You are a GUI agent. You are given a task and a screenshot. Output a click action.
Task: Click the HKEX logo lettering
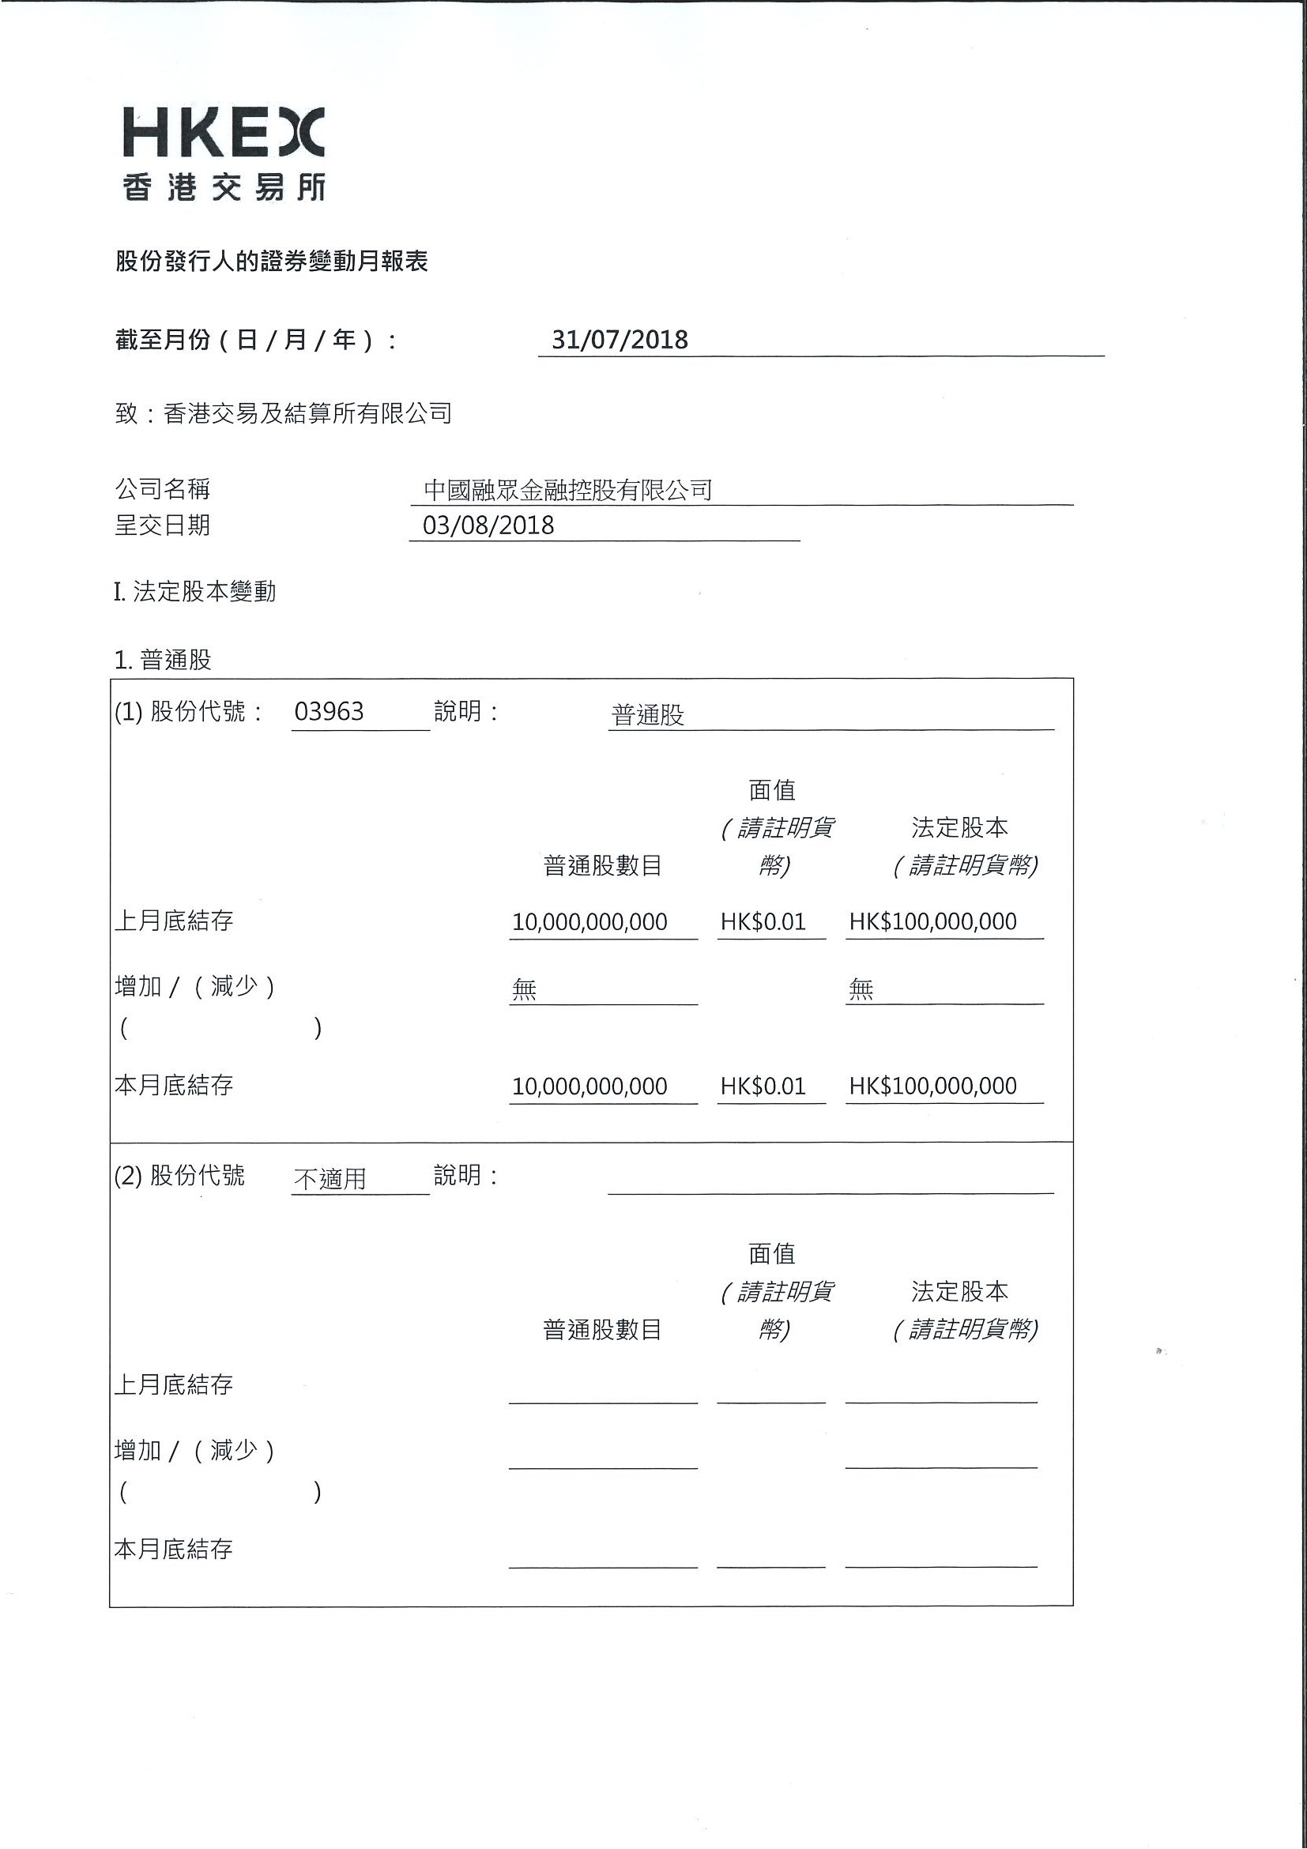point(223,132)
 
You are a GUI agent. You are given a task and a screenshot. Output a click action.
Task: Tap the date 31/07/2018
point(620,340)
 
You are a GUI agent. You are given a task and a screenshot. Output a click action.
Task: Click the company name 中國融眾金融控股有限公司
point(567,490)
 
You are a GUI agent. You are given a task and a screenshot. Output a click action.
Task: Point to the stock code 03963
point(329,712)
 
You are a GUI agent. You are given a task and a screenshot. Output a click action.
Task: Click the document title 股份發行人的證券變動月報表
point(271,261)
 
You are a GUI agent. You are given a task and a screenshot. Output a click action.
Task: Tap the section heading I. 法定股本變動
point(195,592)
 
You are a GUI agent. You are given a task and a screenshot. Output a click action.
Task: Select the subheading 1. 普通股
point(163,661)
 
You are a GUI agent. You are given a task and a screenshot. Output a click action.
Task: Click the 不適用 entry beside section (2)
point(330,1179)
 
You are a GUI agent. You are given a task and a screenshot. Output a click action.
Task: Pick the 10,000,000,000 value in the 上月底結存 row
point(589,922)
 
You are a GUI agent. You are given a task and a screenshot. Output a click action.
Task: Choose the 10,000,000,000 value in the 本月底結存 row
point(589,1086)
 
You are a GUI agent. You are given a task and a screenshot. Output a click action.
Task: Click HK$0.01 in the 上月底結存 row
point(763,922)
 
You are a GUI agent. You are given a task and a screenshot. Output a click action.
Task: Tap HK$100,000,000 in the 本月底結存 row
point(932,1086)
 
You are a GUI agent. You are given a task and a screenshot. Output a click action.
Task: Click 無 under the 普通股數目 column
point(523,989)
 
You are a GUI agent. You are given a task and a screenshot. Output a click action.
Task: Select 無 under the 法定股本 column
point(860,989)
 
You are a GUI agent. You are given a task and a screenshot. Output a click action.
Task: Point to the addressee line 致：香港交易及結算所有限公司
point(284,414)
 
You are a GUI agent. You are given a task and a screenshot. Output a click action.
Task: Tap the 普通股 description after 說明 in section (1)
point(647,715)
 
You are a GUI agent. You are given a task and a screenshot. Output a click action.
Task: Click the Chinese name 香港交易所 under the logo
point(224,187)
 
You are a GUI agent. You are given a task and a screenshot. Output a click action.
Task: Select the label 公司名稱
point(163,489)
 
